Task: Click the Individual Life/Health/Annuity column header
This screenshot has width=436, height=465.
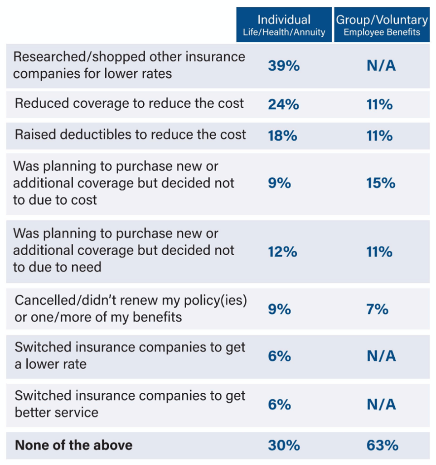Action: tap(284, 25)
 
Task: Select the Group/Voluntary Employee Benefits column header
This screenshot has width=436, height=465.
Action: tap(382, 25)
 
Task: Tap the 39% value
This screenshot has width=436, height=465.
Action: tap(283, 66)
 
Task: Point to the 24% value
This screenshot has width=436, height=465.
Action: tap(283, 105)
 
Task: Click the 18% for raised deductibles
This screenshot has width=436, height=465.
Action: tap(282, 136)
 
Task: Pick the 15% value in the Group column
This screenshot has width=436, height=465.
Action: tap(381, 183)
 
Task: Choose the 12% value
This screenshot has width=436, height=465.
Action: tap(282, 252)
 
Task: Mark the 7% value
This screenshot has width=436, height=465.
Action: tap(377, 309)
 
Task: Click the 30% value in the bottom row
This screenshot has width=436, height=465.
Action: tap(283, 445)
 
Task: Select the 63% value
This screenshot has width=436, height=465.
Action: tap(382, 445)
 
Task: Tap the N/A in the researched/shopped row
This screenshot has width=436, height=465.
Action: tap(381, 66)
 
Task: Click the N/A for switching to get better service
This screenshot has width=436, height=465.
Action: tap(381, 404)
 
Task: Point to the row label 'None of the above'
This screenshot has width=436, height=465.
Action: tap(73, 445)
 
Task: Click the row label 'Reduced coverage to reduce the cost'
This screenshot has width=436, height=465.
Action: tap(129, 104)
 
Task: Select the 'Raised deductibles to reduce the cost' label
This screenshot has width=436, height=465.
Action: tap(130, 135)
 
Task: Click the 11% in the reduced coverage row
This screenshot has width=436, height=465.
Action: tap(379, 105)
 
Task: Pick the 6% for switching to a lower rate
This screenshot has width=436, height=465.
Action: tap(279, 356)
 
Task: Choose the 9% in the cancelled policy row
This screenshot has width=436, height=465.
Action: tap(279, 309)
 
